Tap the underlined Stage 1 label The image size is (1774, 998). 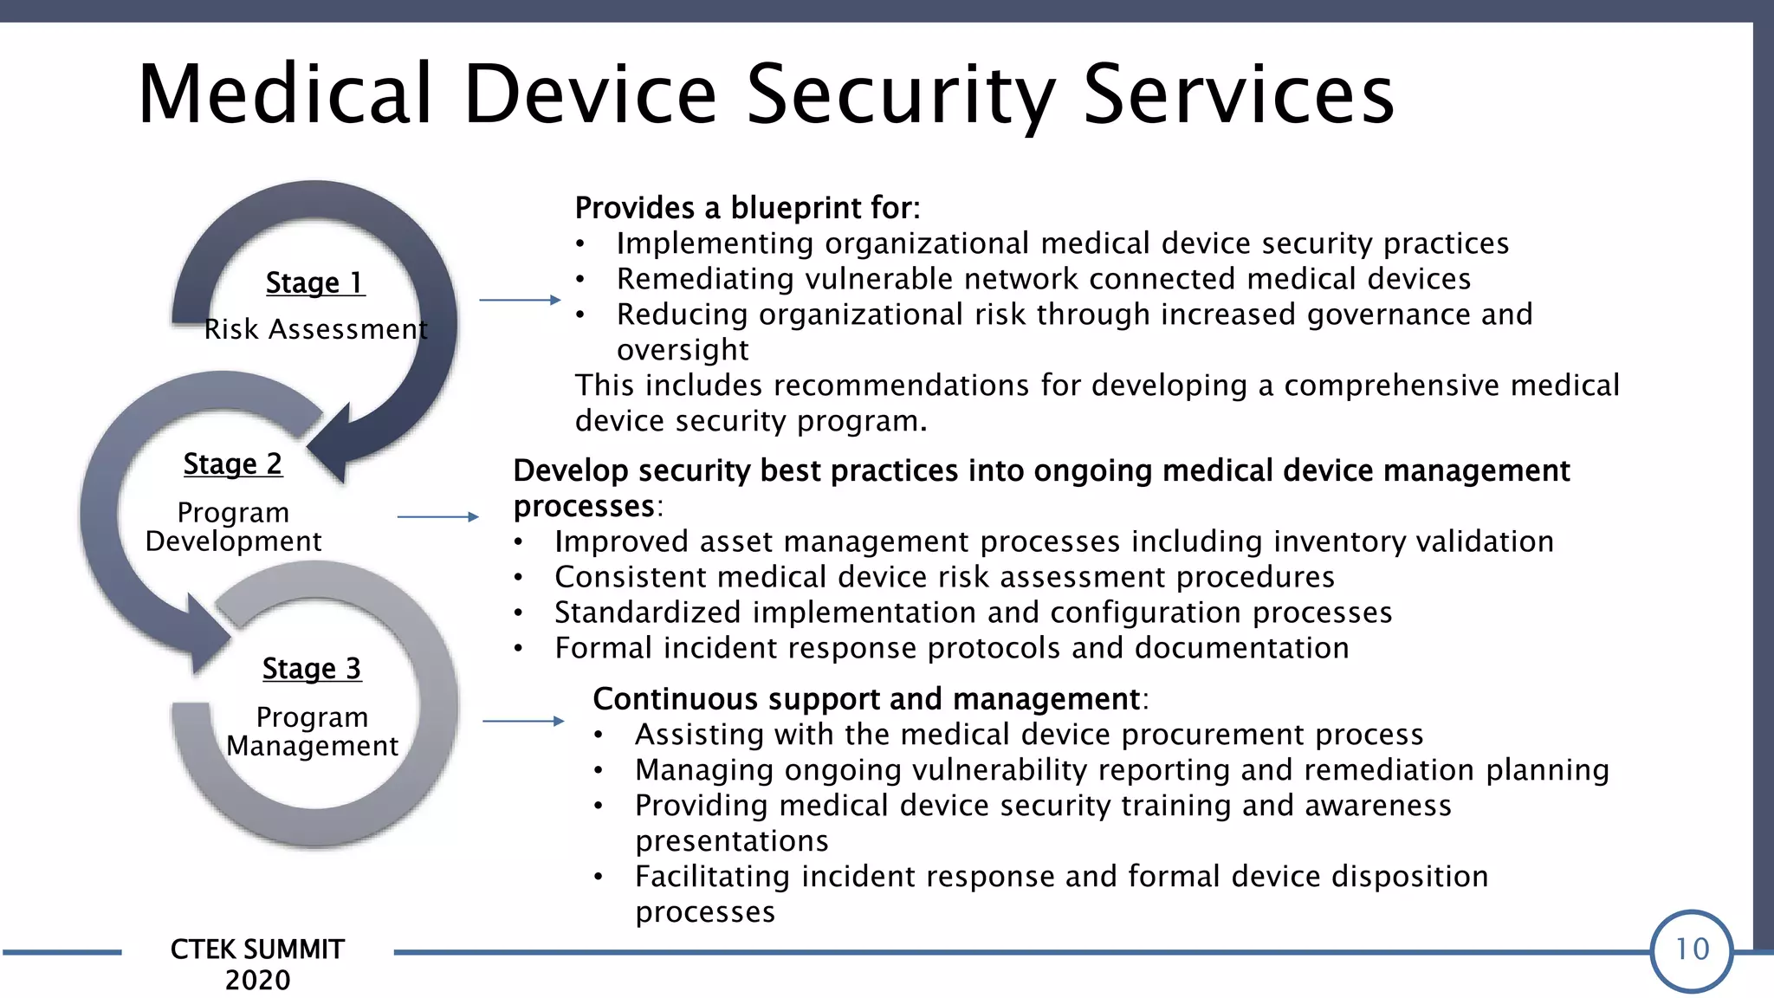point(315,283)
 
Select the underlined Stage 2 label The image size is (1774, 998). point(232,464)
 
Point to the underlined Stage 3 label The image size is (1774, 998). point(312,669)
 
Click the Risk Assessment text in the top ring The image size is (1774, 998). point(316,329)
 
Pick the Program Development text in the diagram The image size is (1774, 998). point(233,527)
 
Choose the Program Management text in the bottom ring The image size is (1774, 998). point(312,731)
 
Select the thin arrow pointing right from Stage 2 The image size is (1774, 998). point(437,516)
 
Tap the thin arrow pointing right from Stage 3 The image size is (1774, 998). point(523,721)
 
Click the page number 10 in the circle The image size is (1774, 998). point(1692,950)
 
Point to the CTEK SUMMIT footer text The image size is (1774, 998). point(257,949)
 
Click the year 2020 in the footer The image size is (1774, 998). point(257,980)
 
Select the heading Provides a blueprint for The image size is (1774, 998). point(747,208)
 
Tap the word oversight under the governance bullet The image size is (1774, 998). point(683,350)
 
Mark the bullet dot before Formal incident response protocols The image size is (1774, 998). point(518,649)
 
